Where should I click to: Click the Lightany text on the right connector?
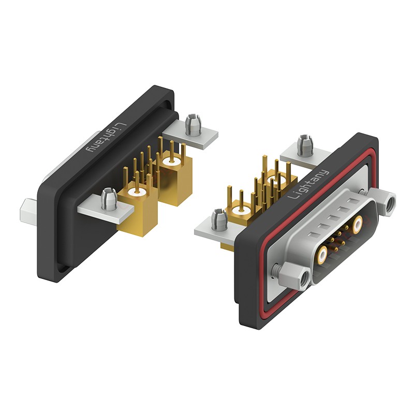point(308,184)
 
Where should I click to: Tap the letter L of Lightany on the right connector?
point(291,196)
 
